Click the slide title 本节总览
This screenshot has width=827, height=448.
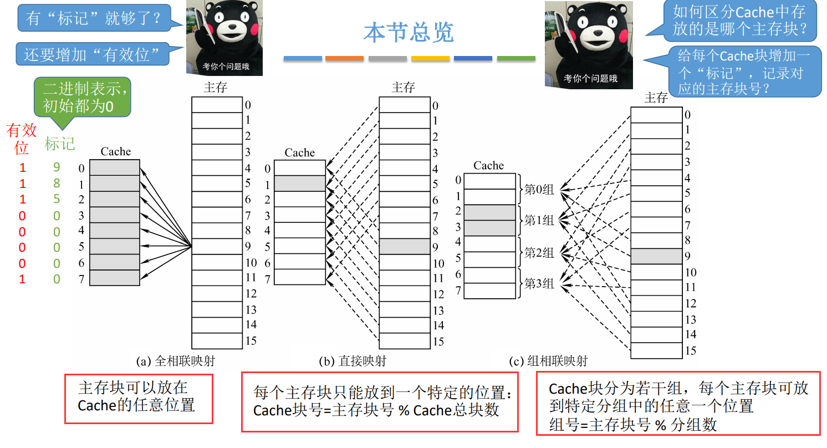tap(409, 33)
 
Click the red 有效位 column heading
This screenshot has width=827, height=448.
tap(22, 139)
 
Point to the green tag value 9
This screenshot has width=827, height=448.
tap(57, 167)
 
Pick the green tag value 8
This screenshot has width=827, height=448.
tap(57, 184)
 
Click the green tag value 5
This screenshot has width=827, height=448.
tap(57, 199)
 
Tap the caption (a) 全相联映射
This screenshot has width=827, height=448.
tap(176, 362)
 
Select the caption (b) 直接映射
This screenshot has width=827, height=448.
tap(353, 362)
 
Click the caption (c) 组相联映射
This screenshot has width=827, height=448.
tap(548, 362)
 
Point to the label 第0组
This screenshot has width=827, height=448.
tap(539, 190)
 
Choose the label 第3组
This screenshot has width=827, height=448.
tap(539, 284)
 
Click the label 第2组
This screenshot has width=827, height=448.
tap(539, 253)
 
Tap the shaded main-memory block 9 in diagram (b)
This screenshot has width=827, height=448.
tap(405, 247)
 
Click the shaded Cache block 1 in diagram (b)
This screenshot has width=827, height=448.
tap(300, 184)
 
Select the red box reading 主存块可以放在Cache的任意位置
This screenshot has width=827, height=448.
tap(139, 399)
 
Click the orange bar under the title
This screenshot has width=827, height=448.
tap(344, 58)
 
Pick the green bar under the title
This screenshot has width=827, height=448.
tap(516, 58)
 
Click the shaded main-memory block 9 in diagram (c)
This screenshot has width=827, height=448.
tap(656, 256)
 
